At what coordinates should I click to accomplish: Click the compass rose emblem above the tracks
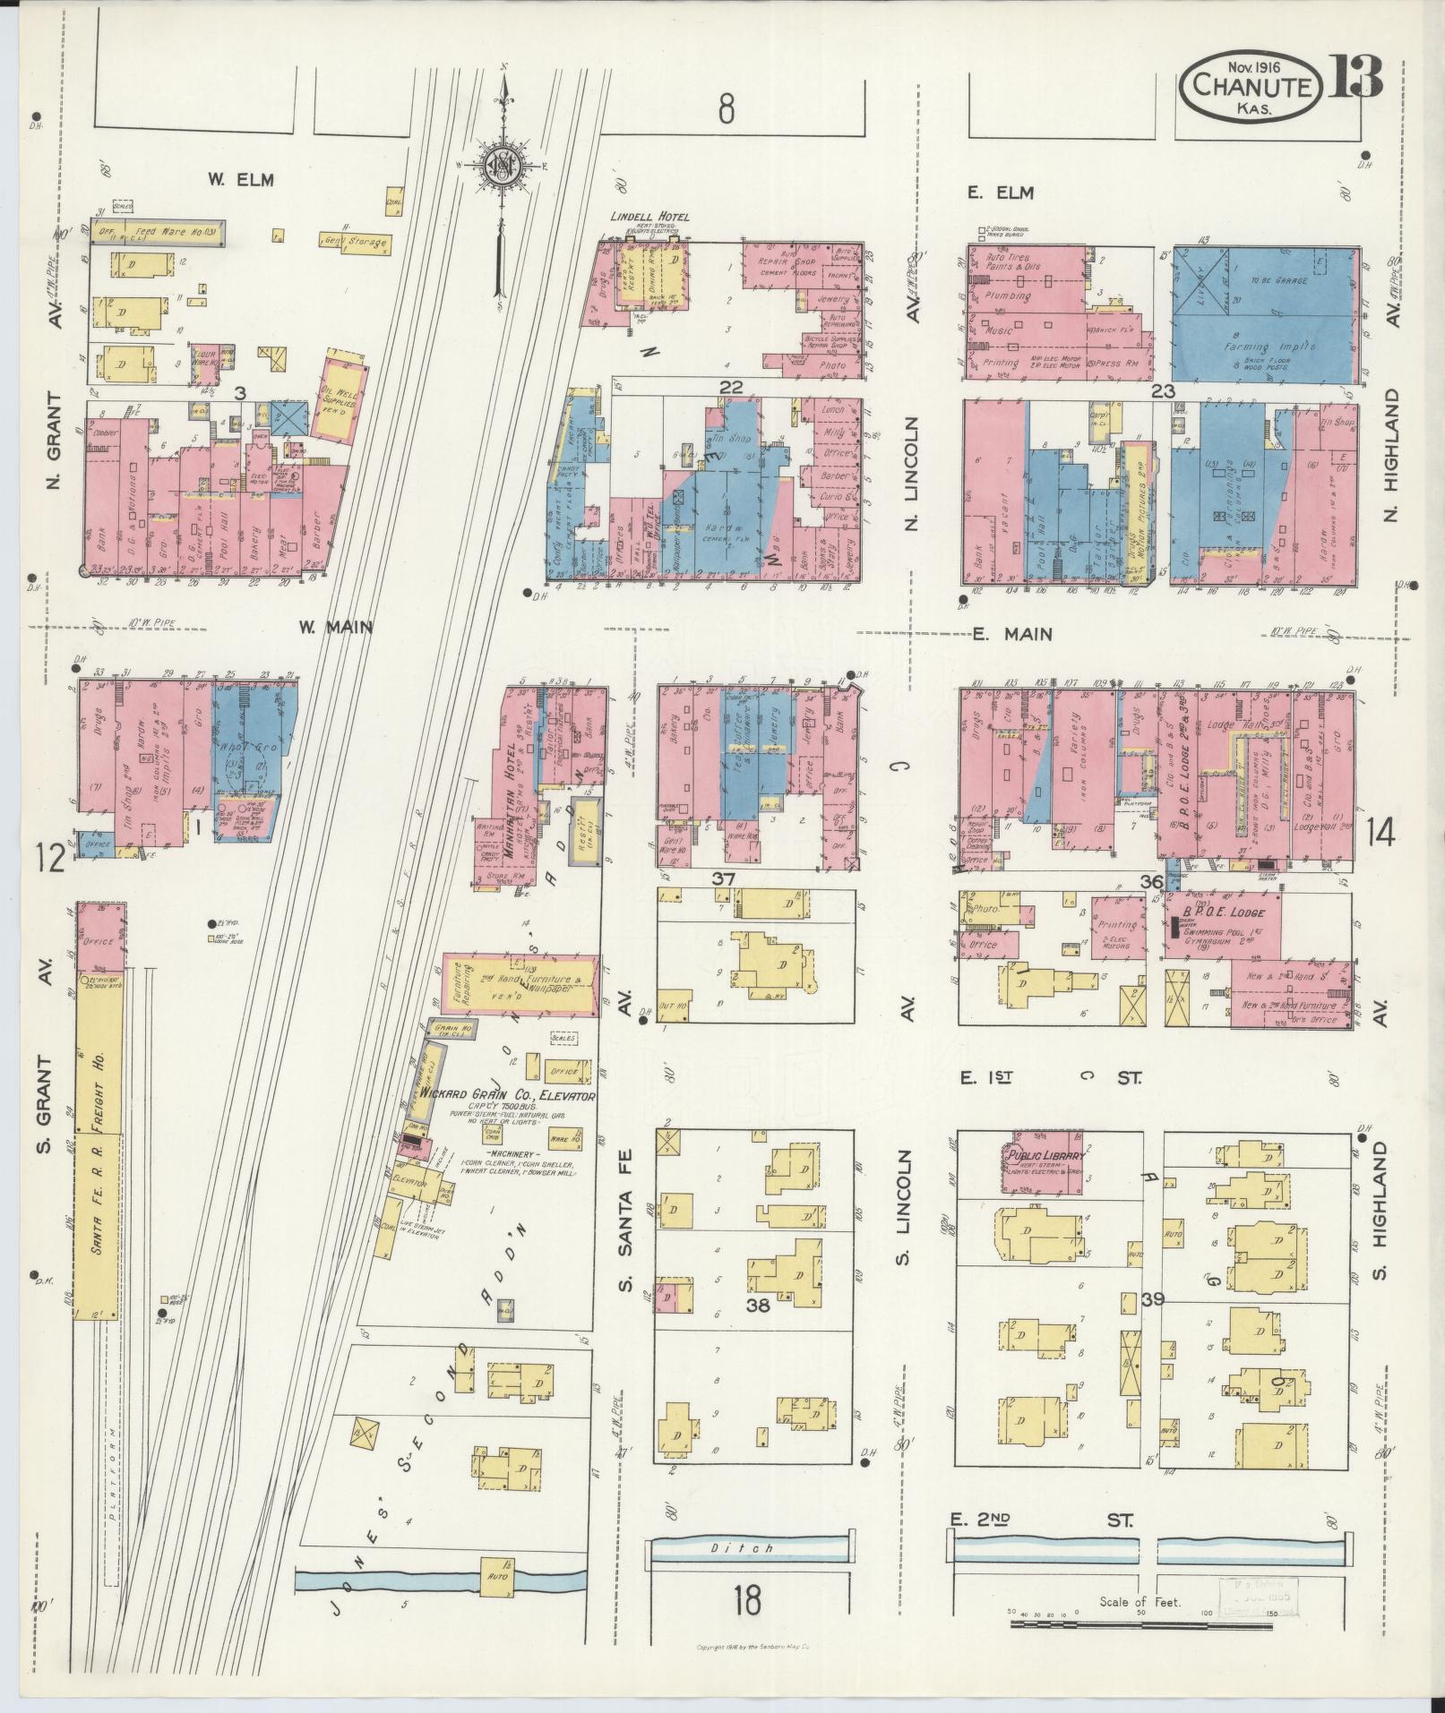(503, 167)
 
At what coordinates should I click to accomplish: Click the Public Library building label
(1045, 1156)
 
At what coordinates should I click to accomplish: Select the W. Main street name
(335, 628)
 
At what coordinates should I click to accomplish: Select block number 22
(731, 386)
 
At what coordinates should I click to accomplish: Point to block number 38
(758, 1306)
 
